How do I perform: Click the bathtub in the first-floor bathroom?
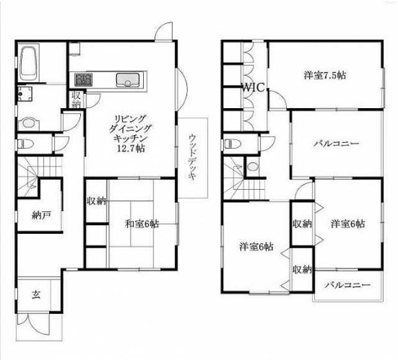click(29, 62)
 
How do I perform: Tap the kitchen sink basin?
click(127, 80)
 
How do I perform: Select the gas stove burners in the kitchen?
click(83, 79)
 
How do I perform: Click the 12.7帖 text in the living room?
click(131, 149)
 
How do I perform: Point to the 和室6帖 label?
click(142, 224)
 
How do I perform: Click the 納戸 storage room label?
click(42, 215)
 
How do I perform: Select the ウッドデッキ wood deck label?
click(193, 157)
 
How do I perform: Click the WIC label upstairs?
click(253, 88)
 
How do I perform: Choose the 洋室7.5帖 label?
click(325, 75)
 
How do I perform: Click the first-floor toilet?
click(25, 144)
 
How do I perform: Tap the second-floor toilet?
click(233, 144)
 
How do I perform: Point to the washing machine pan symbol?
click(25, 94)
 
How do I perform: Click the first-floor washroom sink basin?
click(29, 123)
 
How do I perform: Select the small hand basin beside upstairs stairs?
click(252, 167)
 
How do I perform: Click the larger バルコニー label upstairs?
click(336, 144)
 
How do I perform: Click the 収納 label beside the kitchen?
click(76, 99)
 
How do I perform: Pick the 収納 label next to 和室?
click(96, 201)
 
